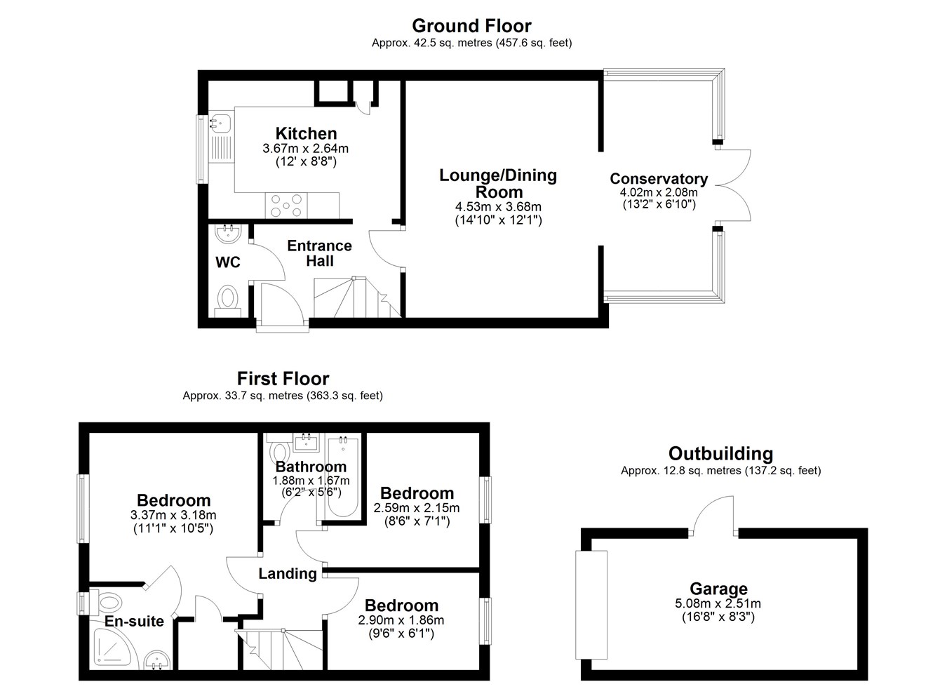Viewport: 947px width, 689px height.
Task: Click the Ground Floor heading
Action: pyautogui.click(x=471, y=26)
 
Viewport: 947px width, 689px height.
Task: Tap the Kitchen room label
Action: pyautogui.click(x=306, y=133)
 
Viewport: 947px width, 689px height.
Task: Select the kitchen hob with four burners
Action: pyautogui.click(x=286, y=206)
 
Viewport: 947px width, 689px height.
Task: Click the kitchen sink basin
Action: pyautogui.click(x=220, y=123)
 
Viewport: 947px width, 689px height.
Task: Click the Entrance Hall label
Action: pyautogui.click(x=320, y=253)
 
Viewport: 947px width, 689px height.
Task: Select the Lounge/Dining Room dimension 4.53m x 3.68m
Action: pyautogui.click(x=498, y=207)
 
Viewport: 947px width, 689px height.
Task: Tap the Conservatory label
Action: pyautogui.click(x=659, y=178)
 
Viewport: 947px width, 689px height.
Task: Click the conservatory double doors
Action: pyautogui.click(x=733, y=185)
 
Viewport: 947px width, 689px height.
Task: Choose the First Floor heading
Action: pyautogui.click(x=283, y=379)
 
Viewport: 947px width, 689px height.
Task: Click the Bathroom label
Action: pyautogui.click(x=311, y=467)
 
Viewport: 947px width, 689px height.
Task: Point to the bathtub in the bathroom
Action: pyautogui.click(x=343, y=477)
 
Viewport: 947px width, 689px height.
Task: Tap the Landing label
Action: pyautogui.click(x=288, y=573)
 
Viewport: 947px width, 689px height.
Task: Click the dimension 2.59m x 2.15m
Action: pyautogui.click(x=417, y=507)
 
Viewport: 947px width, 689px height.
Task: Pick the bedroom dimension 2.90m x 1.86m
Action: pyautogui.click(x=401, y=620)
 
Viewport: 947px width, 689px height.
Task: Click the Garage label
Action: pyautogui.click(x=719, y=589)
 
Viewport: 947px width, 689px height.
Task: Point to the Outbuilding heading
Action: pyautogui.click(x=721, y=453)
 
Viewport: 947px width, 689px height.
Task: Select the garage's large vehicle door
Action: pyautogui.click(x=591, y=605)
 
